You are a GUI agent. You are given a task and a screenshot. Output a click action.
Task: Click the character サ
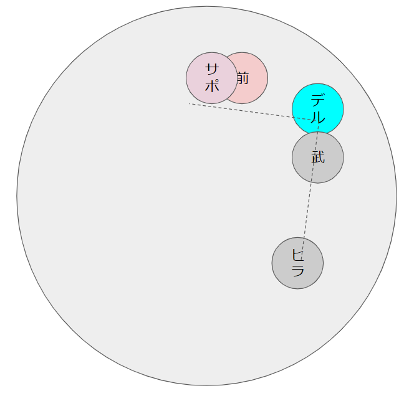212,69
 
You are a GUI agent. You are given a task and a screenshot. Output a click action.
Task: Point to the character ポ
212,86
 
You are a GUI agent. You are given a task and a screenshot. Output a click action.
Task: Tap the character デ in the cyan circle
318,100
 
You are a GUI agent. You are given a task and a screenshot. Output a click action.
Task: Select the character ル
318,116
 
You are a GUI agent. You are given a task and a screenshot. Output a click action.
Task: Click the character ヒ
297,254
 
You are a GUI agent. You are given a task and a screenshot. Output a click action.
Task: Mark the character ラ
297,271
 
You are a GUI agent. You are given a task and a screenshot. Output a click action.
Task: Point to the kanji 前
243,78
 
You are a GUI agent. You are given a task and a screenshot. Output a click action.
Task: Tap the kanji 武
318,157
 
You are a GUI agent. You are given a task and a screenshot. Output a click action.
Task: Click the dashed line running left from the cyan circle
249,111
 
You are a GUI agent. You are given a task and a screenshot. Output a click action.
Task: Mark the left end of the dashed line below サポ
190,103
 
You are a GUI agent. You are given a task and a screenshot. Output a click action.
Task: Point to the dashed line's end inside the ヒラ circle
301,255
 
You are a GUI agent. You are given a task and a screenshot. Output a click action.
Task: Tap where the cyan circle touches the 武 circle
318,133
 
